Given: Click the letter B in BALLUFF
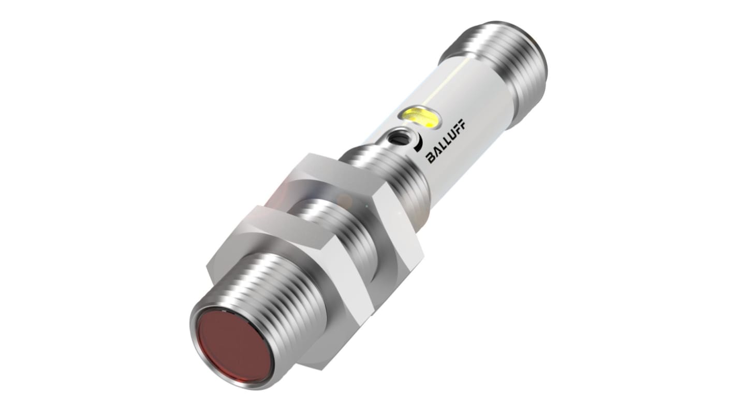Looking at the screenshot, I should tap(431, 159).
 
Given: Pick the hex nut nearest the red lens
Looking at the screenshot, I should tap(269, 259).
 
